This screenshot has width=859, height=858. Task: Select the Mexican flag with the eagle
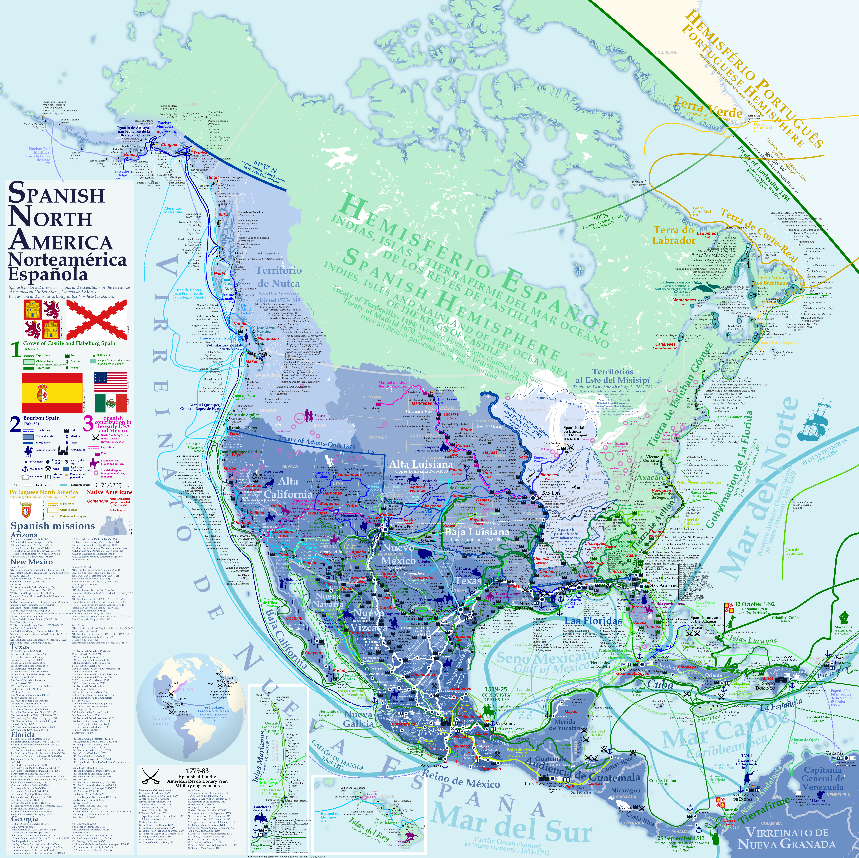click(x=110, y=403)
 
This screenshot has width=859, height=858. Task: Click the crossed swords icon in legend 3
click(x=95, y=437)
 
